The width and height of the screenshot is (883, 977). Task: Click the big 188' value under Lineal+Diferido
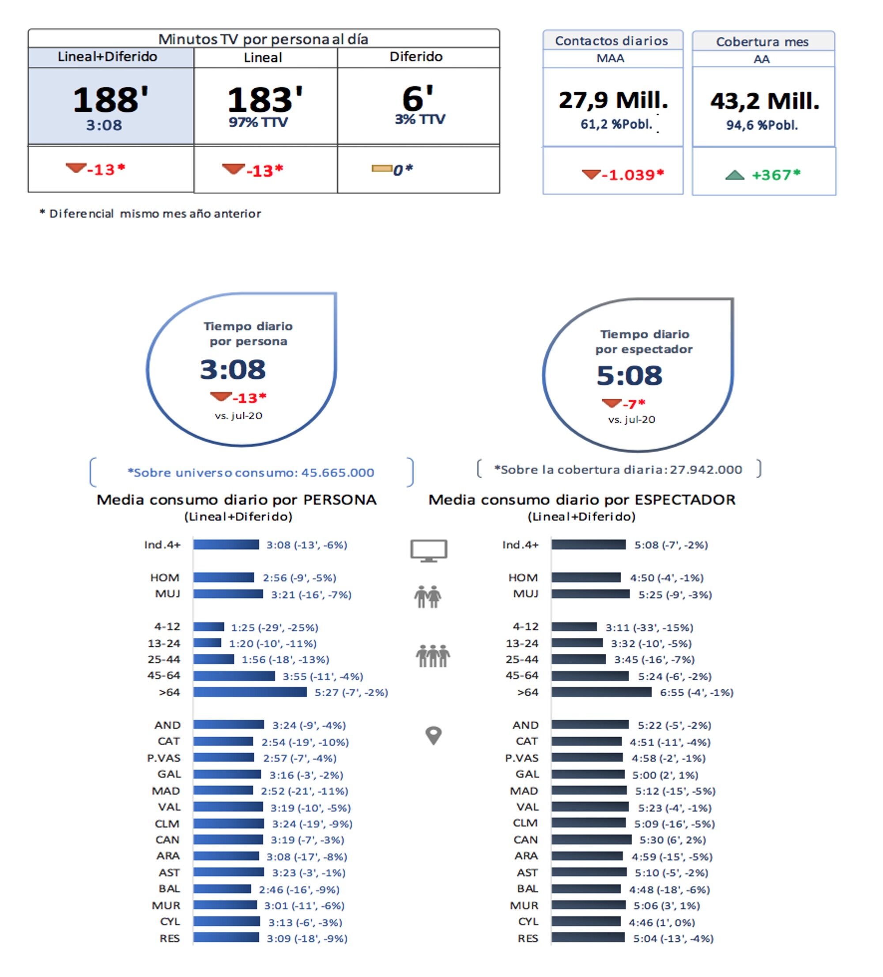click(110, 100)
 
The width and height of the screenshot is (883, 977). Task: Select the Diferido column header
click(415, 57)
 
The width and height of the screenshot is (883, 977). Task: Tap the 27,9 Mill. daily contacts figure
click(613, 100)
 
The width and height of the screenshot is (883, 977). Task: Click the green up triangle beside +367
click(734, 175)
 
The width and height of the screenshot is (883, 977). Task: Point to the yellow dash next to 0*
click(381, 169)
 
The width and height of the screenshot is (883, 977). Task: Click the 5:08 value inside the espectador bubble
click(629, 376)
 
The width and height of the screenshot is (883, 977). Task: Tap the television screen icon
click(428, 551)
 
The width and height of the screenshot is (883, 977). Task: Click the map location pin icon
click(433, 735)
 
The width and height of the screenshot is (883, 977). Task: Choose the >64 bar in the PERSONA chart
click(249, 692)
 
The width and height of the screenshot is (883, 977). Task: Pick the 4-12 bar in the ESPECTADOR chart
click(574, 626)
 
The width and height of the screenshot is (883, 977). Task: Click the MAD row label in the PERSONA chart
click(166, 791)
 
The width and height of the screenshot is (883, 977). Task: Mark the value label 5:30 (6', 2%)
click(672, 840)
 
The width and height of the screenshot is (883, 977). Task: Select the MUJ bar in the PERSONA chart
click(228, 594)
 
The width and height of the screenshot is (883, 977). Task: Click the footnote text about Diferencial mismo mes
click(150, 214)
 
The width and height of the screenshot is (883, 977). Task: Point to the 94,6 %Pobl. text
click(761, 125)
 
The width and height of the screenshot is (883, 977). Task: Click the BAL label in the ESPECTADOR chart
click(527, 889)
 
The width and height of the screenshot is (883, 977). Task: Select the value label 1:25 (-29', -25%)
click(274, 628)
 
